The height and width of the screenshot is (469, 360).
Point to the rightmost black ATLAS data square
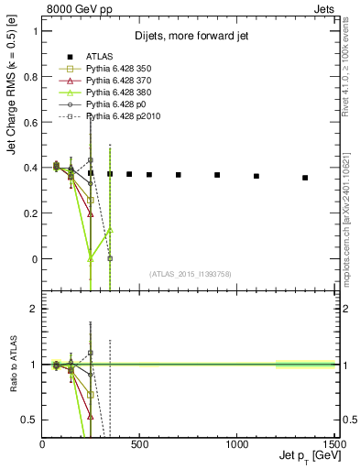tap(305, 178)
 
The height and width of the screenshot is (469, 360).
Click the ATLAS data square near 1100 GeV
tap(256, 176)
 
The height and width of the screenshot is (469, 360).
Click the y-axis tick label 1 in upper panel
tap(35, 30)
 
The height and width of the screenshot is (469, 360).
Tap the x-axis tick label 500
tap(139, 444)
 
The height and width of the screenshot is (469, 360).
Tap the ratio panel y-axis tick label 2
tap(35, 309)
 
